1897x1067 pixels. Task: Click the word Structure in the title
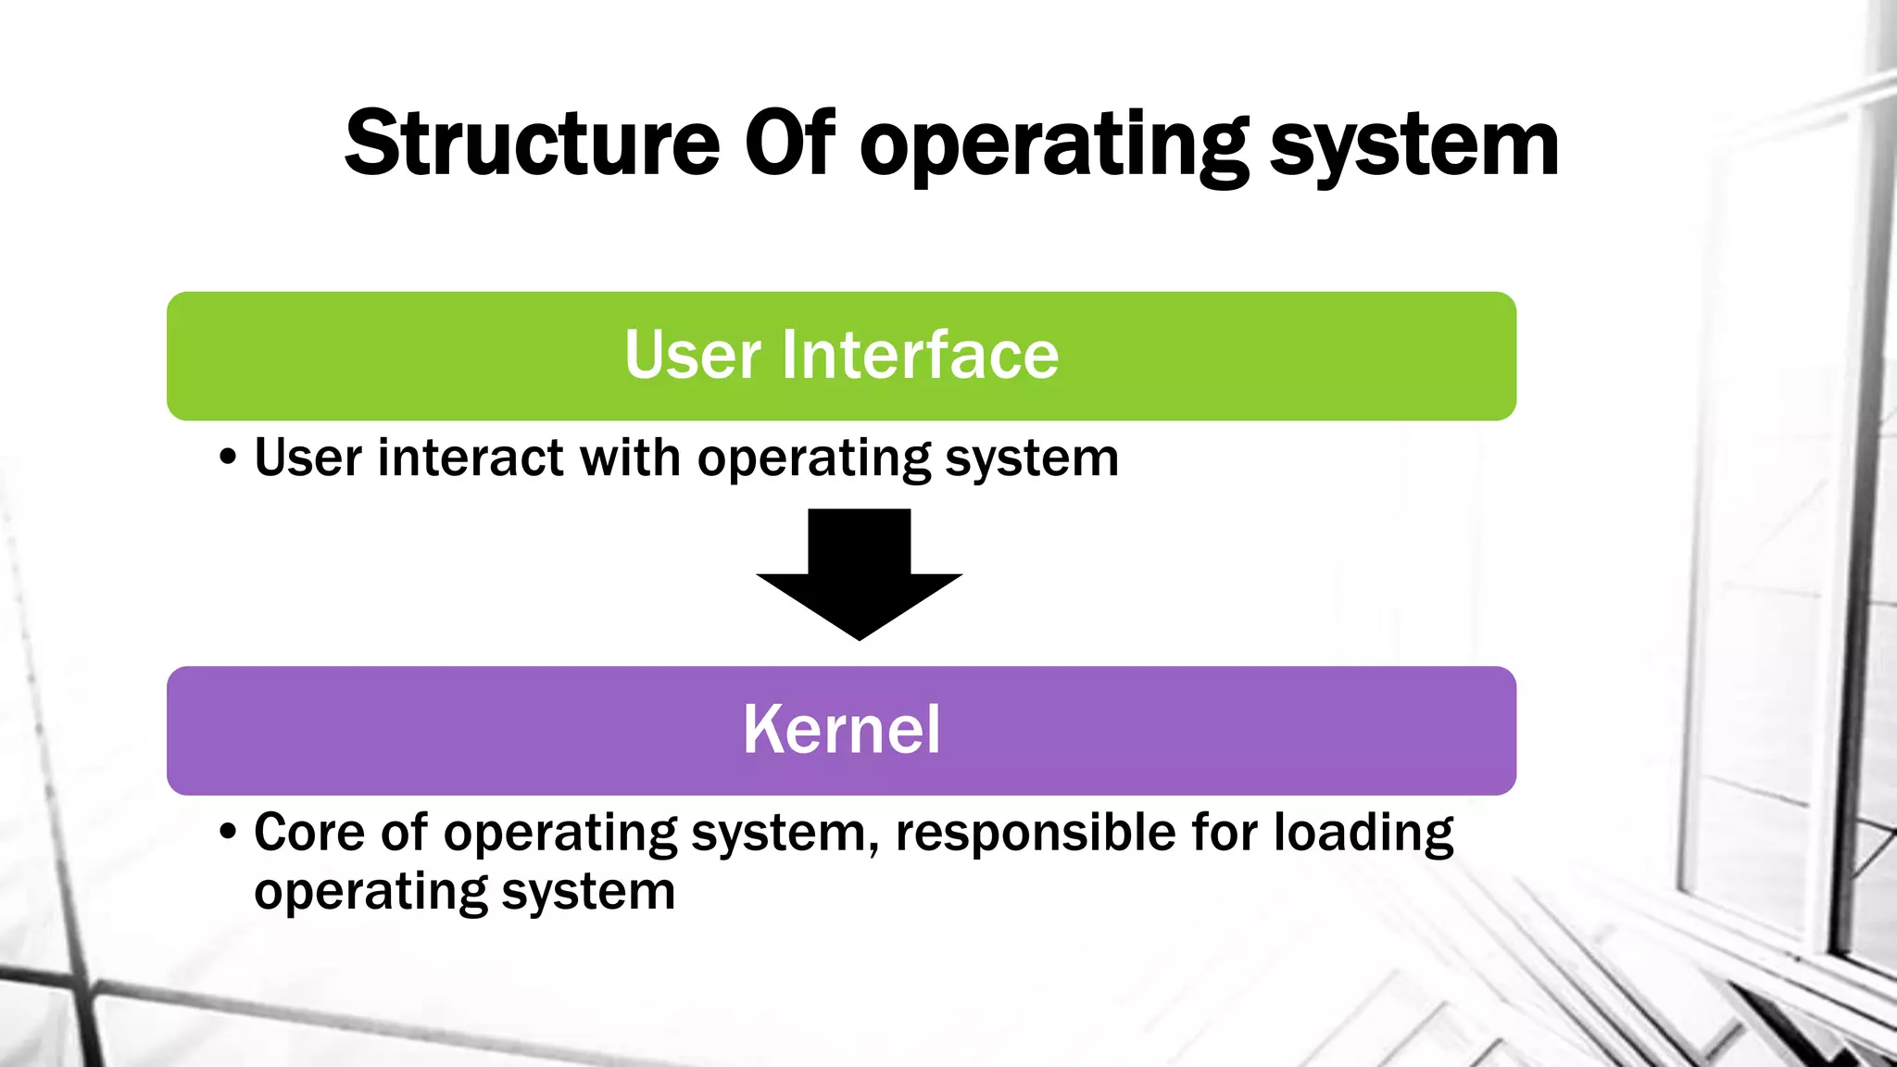click(x=532, y=144)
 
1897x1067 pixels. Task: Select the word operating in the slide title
click(x=1054, y=148)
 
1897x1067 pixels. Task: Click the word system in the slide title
click(x=1414, y=148)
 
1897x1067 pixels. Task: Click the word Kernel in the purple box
click(x=841, y=730)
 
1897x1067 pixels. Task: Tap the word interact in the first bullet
click(x=471, y=458)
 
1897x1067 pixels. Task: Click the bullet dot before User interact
click(x=229, y=458)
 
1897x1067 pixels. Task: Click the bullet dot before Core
click(x=229, y=832)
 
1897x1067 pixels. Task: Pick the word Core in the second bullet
click(x=309, y=832)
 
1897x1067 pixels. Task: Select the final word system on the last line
click(x=588, y=893)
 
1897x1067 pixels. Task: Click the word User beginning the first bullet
click(x=308, y=458)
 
